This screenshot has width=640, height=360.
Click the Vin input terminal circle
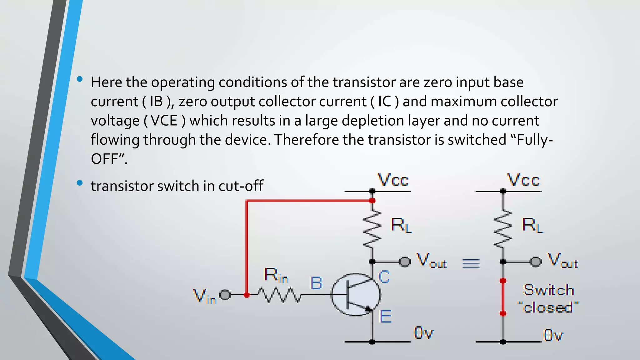pos(225,295)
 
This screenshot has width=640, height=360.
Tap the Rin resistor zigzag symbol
pos(279,295)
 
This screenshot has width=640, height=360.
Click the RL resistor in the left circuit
pos(372,229)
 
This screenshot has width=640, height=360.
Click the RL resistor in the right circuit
pos(503,229)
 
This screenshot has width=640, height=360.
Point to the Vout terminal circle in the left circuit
pos(405,262)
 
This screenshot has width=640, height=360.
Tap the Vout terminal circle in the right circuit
pos(536,262)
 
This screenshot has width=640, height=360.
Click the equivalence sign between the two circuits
pos(471,263)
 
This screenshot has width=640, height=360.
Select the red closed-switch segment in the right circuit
pos(503,297)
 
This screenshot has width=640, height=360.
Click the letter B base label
pos(316,283)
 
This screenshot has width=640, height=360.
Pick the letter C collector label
pos(384,277)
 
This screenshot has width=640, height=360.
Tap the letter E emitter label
pos(385,316)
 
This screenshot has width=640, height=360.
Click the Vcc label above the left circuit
pos(393,180)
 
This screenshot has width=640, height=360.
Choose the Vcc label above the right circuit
pos(523,180)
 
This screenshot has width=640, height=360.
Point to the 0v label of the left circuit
pos(423,333)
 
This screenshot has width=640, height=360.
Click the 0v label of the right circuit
pos(553,335)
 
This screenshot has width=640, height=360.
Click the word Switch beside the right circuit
pos(548,290)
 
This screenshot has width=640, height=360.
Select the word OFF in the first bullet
pos(104,159)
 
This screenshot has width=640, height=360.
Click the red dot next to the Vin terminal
pos(247,295)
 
